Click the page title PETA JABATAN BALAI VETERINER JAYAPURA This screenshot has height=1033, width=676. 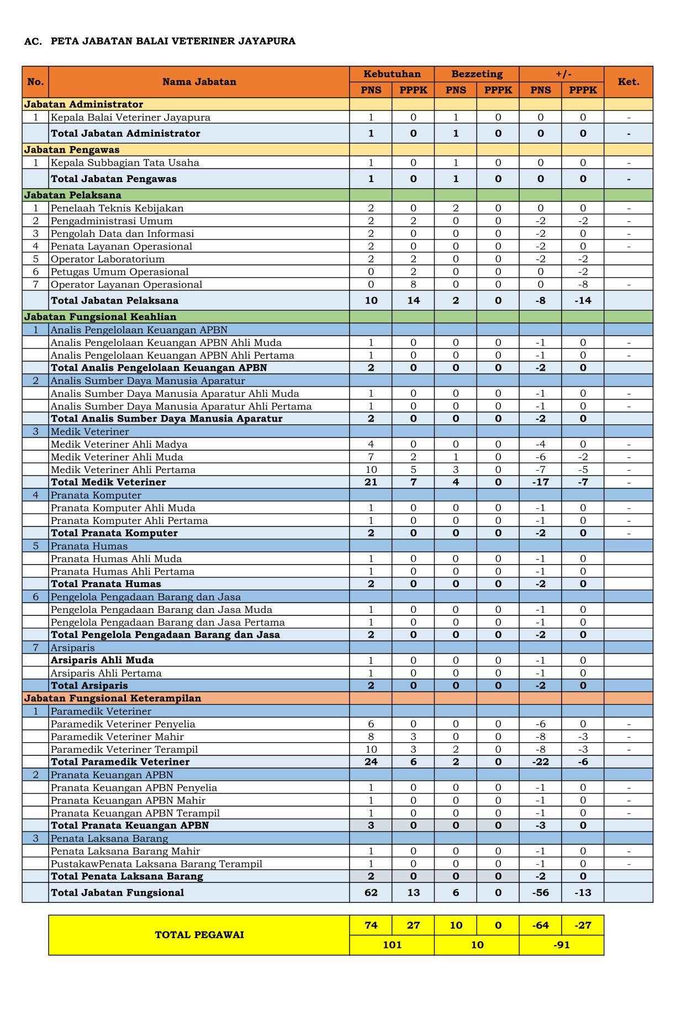(173, 41)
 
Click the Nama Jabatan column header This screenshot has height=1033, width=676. (199, 82)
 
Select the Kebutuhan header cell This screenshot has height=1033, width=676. (392, 74)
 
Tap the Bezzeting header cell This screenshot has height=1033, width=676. (477, 74)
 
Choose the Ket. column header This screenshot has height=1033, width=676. (628, 82)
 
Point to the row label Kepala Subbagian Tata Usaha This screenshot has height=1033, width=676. (125, 163)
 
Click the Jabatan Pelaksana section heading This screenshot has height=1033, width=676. (72, 195)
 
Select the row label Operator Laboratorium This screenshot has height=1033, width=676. (108, 259)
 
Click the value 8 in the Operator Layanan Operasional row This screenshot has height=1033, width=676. (413, 285)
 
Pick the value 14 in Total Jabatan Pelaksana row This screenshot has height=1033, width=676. (413, 301)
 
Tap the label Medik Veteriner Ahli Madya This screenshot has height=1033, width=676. (119, 444)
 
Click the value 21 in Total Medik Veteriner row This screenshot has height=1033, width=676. (371, 482)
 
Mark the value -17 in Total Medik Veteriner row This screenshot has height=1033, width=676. (540, 482)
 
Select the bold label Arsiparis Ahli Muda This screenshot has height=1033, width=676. (102, 661)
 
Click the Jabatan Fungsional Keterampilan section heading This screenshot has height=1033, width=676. (112, 698)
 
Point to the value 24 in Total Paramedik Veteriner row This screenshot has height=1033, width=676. (371, 762)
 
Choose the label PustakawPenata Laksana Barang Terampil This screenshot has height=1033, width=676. (156, 864)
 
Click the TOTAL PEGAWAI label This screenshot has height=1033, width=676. (199, 935)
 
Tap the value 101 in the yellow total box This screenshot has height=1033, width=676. (392, 945)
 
